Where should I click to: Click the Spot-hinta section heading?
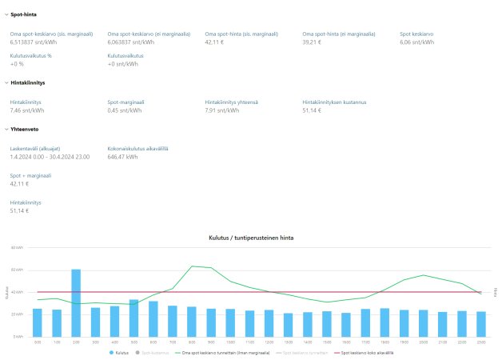(x=22, y=15)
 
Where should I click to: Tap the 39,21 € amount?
(x=314, y=42)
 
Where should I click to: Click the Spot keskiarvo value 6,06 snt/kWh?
(x=417, y=42)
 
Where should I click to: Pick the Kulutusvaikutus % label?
(x=30, y=56)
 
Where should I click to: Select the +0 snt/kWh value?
(x=122, y=64)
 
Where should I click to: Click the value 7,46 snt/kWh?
(x=27, y=110)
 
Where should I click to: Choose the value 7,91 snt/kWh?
(x=222, y=110)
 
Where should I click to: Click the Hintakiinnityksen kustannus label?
(x=334, y=102)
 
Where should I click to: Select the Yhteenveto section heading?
(x=25, y=128)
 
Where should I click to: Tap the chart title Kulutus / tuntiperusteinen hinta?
(x=252, y=238)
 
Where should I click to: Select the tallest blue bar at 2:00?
(x=76, y=304)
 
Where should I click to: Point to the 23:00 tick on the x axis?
(x=480, y=342)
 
